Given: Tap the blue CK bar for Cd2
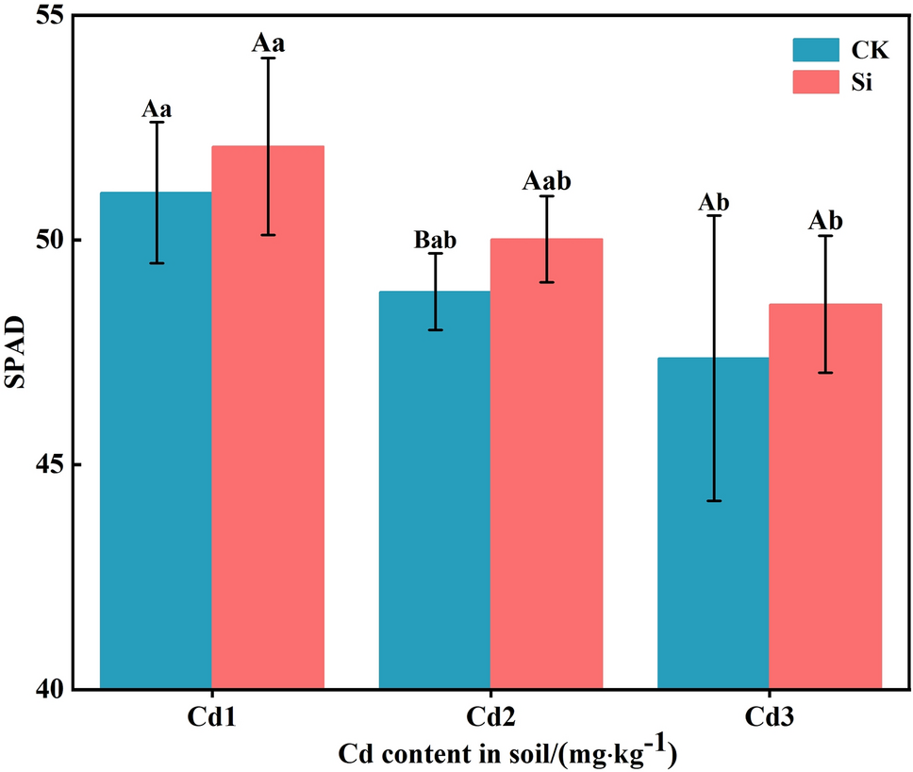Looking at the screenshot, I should (x=435, y=491).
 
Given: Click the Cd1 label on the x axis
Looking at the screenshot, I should (x=211, y=718).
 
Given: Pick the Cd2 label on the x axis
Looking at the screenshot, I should (x=490, y=718).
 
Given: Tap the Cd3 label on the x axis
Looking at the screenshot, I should (x=769, y=718).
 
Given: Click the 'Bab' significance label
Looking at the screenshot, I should (x=435, y=240).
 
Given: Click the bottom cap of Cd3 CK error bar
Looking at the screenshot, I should (x=713, y=501).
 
